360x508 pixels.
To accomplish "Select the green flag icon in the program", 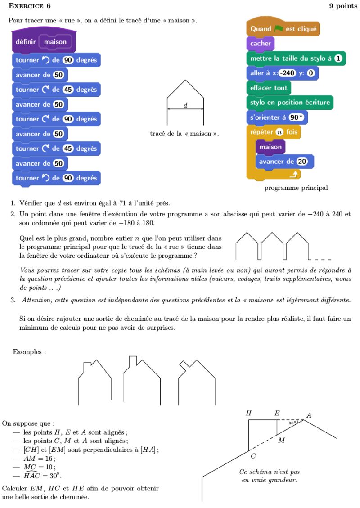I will point(279,29).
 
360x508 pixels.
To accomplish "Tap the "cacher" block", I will point(260,44).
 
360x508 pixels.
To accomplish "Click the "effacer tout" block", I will point(269,88).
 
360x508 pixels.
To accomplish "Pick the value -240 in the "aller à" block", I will point(287,73).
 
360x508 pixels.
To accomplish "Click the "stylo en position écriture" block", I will point(290,103).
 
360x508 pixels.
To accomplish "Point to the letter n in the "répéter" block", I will point(279,132).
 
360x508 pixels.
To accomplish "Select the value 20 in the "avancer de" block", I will point(302,162).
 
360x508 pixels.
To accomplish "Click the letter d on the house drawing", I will point(185,105).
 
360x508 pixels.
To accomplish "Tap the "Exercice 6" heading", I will point(30,6).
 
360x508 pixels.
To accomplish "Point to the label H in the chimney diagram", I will point(249,413).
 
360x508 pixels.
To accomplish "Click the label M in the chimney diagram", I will point(282,440).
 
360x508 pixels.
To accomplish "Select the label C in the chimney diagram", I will point(253,456).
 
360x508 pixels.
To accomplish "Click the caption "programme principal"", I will point(296,188).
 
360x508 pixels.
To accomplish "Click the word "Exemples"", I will point(29,351).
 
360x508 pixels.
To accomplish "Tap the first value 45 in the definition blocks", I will point(68,90).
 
